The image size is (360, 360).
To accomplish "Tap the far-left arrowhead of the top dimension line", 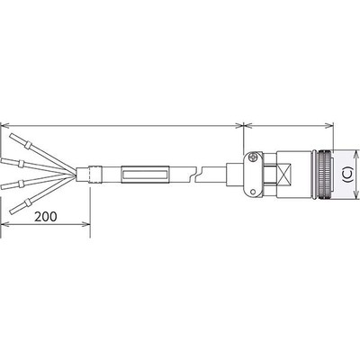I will tap(4, 125).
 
